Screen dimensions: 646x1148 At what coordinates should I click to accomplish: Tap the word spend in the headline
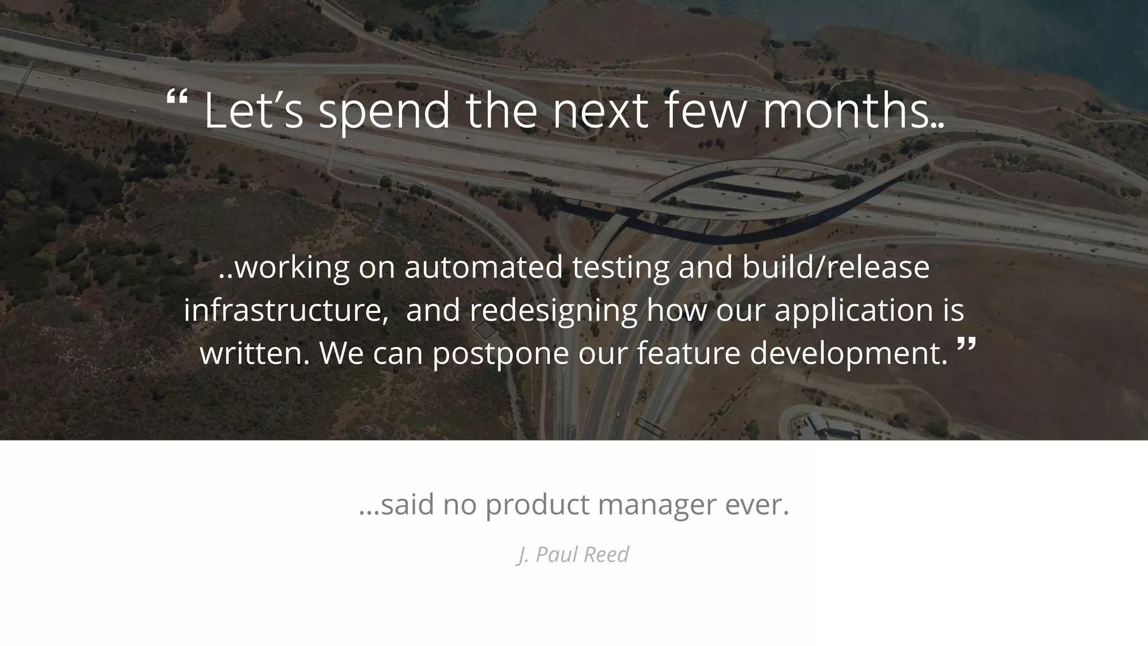[x=385, y=112]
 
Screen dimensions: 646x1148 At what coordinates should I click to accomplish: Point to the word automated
[x=483, y=267]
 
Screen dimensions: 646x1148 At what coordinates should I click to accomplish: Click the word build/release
[x=836, y=267]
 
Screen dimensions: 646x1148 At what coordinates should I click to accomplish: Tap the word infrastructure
[x=283, y=310]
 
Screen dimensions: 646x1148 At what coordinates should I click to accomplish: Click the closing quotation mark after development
[x=966, y=345]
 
